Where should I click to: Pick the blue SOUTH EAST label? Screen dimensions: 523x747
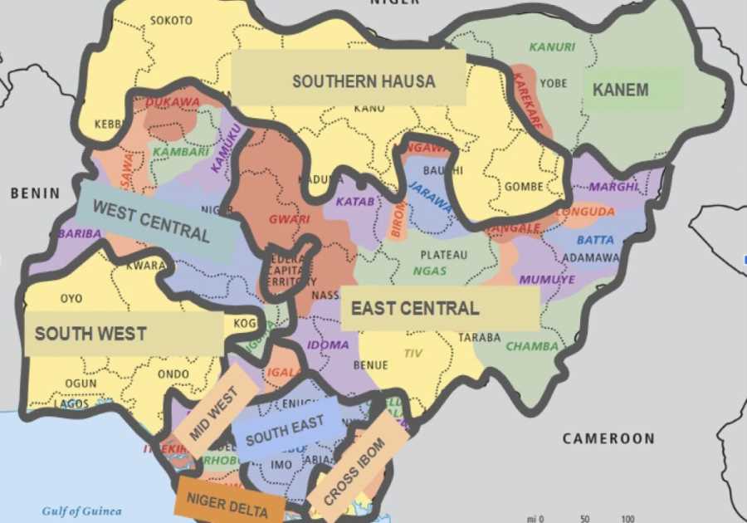(x=285, y=429)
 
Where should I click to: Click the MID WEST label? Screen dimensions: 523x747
(x=214, y=411)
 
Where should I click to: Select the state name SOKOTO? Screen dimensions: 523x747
(x=171, y=20)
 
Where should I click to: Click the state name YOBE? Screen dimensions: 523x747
(x=553, y=83)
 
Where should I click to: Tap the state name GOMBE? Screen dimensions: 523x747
(x=523, y=187)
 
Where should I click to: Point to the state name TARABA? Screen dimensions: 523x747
(x=479, y=338)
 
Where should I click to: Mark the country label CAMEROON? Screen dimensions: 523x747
(x=608, y=438)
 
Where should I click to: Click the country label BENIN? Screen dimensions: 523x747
(x=35, y=193)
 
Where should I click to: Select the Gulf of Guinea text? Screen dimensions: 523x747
(x=81, y=511)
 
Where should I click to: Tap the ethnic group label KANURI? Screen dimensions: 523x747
(x=552, y=47)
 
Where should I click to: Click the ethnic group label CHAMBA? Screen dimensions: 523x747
(x=532, y=346)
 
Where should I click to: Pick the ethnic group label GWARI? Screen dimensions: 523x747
(x=289, y=220)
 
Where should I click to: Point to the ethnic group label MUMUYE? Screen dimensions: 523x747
(x=546, y=280)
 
